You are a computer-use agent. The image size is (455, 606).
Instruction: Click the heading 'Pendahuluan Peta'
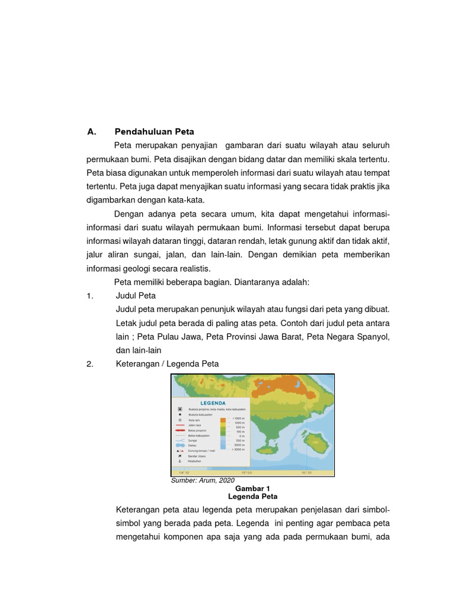pos(154,131)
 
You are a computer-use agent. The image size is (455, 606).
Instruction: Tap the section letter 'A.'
pos(91,131)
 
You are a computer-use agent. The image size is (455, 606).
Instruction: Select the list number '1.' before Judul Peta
pos(90,296)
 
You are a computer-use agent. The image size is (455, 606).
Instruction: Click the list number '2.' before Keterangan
pos(90,364)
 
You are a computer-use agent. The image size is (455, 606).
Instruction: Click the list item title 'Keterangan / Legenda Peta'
pos(167,364)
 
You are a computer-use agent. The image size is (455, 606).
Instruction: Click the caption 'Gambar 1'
pos(252,488)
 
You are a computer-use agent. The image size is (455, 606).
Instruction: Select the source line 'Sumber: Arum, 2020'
pos(203,480)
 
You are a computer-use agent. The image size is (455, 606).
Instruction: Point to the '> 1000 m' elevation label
pos(238,418)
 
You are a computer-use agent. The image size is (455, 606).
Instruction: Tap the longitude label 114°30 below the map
pos(184,473)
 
